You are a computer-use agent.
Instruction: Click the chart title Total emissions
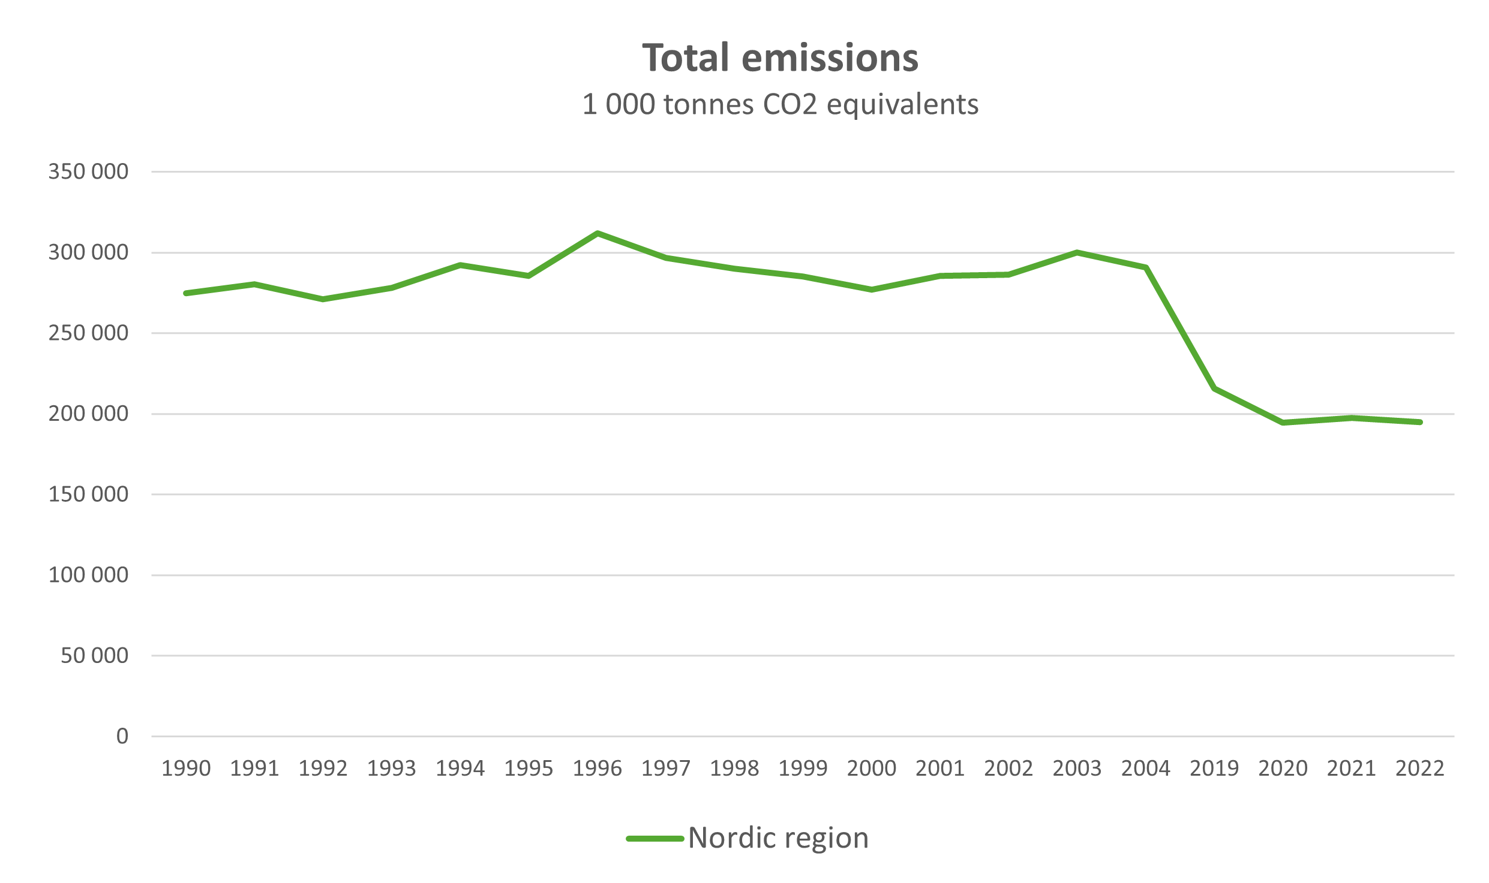[x=780, y=58]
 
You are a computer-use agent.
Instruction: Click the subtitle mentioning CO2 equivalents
[x=780, y=105]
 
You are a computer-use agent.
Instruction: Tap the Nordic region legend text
[x=778, y=838]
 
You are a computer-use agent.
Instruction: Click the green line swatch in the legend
[x=655, y=839]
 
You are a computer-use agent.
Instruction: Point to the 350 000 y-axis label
[x=88, y=172]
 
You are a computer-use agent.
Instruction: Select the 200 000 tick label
[x=88, y=414]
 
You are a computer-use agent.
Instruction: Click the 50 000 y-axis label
[x=94, y=656]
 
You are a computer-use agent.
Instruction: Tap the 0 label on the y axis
[x=122, y=736]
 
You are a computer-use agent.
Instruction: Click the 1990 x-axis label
[x=186, y=769]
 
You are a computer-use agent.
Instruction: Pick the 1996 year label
[x=598, y=769]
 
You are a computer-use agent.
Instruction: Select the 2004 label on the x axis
[x=1146, y=769]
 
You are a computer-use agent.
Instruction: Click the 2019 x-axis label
[x=1214, y=769]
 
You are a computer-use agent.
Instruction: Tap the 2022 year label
[x=1419, y=769]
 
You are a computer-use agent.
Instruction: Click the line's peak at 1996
[x=598, y=233]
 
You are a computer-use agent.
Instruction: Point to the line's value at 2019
[x=1214, y=388]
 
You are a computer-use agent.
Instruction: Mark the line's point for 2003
[x=1077, y=252]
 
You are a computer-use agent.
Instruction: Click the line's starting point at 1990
[x=186, y=293]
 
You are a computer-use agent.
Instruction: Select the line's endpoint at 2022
[x=1419, y=422]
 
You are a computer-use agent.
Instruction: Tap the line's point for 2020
[x=1283, y=423]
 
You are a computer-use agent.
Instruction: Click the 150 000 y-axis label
[x=88, y=495]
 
